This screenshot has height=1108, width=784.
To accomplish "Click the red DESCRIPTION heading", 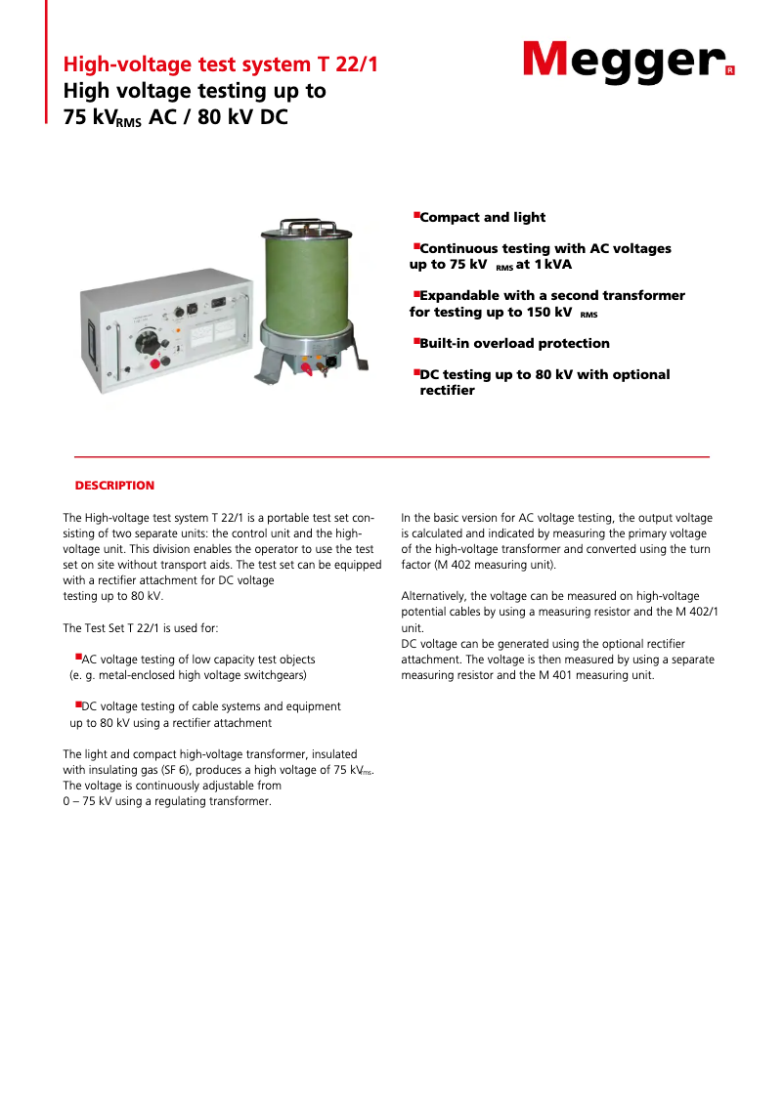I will pyautogui.click(x=114, y=486).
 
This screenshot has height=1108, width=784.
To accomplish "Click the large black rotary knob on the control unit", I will pyautogui.click(x=147, y=344).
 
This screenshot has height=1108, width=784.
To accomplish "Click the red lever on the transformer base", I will pyautogui.click(x=316, y=369).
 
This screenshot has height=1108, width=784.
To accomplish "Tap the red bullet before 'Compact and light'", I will pyautogui.click(x=415, y=214).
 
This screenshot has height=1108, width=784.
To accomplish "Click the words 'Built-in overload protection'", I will pyautogui.click(x=514, y=344).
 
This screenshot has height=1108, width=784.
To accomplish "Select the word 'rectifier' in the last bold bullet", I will pyautogui.click(x=447, y=391).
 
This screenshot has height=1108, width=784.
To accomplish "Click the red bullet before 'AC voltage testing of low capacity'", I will pyautogui.click(x=78, y=658).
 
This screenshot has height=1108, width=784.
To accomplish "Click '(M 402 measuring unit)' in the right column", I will pyautogui.click(x=478, y=565).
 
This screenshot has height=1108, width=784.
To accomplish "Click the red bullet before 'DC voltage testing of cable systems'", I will pyautogui.click(x=78, y=703).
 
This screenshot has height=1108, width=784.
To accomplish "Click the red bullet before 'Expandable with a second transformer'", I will pyautogui.click(x=415, y=292).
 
